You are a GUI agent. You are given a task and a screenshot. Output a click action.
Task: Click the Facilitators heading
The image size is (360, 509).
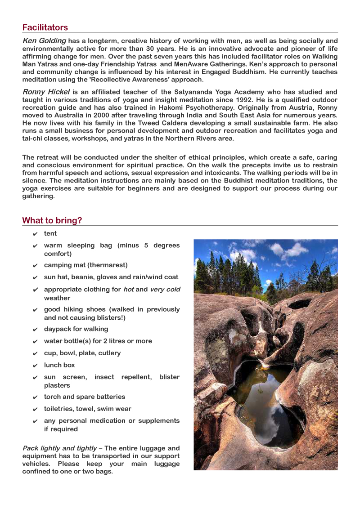point(45,27)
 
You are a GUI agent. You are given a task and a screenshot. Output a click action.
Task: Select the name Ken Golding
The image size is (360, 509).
point(44,41)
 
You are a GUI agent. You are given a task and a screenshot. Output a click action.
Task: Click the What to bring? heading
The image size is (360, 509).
point(52,220)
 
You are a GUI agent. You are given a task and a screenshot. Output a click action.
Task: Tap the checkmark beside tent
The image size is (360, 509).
point(35,234)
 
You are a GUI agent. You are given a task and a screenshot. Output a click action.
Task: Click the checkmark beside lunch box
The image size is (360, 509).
point(35,366)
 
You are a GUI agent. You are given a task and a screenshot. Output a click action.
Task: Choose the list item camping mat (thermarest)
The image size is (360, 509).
point(85,265)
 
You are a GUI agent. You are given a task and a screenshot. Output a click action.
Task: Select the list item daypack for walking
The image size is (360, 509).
point(76,329)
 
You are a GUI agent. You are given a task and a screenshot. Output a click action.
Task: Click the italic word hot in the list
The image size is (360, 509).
point(128,289)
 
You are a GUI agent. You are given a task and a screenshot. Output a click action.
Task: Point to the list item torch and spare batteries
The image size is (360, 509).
point(85,397)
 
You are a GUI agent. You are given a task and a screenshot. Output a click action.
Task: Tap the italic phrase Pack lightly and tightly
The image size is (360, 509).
point(59,448)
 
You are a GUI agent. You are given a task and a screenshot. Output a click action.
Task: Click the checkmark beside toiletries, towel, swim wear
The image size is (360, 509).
point(35,409)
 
